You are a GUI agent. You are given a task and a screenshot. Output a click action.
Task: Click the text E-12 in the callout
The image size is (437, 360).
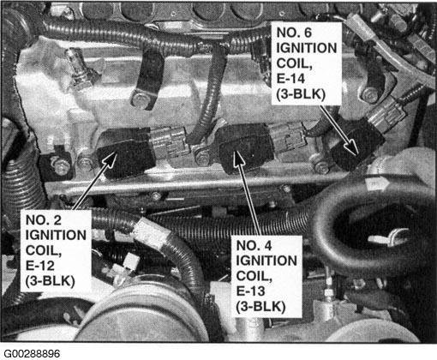point(39,266)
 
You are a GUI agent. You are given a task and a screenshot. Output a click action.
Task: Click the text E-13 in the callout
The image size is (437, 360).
point(250,291)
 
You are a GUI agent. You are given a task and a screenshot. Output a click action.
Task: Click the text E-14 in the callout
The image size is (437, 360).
point(290,78)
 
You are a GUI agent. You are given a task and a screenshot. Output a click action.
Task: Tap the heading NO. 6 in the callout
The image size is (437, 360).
point(294,33)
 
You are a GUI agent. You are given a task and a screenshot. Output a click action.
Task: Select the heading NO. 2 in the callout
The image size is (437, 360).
point(44,220)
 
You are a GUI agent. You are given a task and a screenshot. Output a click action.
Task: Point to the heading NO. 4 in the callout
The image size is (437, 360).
point(254,245)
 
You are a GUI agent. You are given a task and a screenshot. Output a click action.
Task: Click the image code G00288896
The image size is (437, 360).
point(32,354)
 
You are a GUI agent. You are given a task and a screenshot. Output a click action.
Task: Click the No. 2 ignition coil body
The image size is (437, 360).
point(126,153)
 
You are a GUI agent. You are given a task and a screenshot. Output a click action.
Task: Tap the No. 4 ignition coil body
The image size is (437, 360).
point(246,148)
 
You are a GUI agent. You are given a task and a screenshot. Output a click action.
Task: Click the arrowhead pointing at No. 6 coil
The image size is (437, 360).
point(352,147)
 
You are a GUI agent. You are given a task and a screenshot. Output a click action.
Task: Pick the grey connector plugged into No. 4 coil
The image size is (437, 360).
point(287,136)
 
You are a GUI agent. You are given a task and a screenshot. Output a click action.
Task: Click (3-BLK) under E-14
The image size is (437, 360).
point(301,94)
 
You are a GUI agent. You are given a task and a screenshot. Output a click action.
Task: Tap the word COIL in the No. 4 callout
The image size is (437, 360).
point(254,276)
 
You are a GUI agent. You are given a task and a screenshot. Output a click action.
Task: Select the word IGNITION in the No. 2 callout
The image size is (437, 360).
point(56,235)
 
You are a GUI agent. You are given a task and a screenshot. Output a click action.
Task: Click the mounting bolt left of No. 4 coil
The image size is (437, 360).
point(202,156)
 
